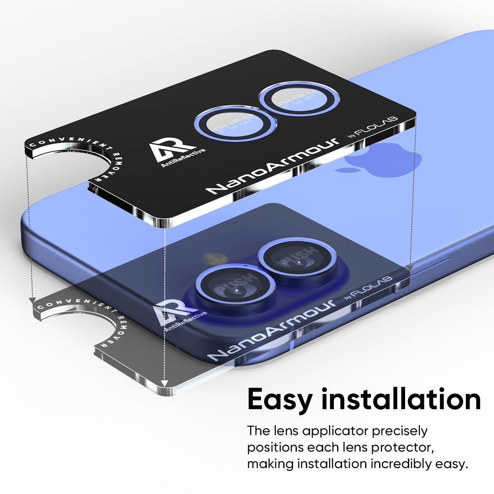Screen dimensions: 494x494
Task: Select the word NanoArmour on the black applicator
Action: click(x=273, y=166)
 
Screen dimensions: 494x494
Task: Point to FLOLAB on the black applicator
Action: click(x=377, y=126)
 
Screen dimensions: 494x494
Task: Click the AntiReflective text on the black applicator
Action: click(x=183, y=158)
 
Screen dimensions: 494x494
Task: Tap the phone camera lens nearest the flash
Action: click(x=235, y=287)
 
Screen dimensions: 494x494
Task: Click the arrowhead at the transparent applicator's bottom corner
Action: click(x=164, y=390)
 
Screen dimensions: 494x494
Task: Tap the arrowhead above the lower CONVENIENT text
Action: click(x=32, y=300)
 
